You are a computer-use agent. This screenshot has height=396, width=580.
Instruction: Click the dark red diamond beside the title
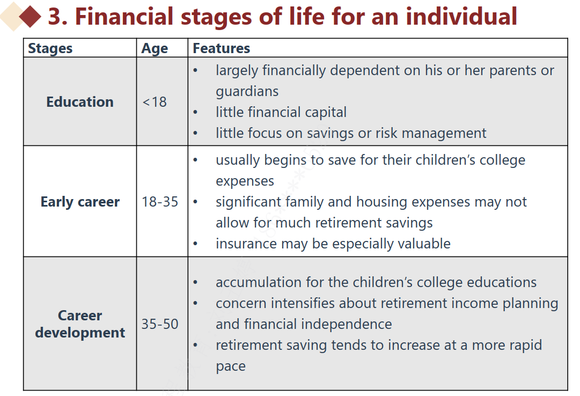pyautogui.click(x=30, y=16)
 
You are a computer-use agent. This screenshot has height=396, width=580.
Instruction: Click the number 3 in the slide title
pyautogui.click(x=55, y=17)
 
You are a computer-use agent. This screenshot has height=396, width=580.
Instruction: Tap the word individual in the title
pyautogui.click(x=461, y=16)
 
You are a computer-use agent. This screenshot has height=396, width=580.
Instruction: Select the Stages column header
pyautogui.click(x=50, y=48)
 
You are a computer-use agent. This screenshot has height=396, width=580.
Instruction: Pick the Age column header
pyautogui.click(x=155, y=48)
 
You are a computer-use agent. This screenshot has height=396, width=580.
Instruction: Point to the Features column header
pyautogui.click(x=221, y=48)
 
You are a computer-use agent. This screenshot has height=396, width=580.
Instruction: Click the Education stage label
pyautogui.click(x=80, y=102)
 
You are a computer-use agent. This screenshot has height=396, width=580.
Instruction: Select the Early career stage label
pyautogui.click(x=80, y=202)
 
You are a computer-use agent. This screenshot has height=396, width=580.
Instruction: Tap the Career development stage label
pyautogui.click(x=80, y=324)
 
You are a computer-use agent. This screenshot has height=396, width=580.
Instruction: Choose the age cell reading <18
pyautogui.click(x=155, y=102)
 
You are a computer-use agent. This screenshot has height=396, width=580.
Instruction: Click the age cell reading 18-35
pyautogui.click(x=160, y=202)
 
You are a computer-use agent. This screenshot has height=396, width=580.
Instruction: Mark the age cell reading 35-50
pyautogui.click(x=160, y=324)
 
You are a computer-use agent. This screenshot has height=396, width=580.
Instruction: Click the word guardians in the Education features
pyautogui.click(x=247, y=91)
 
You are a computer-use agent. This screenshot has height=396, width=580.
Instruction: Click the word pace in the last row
pyautogui.click(x=231, y=366)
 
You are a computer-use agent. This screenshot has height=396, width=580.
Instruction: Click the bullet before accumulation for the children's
pyautogui.click(x=195, y=283)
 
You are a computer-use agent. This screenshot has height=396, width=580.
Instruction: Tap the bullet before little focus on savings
pyautogui.click(x=195, y=133)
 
